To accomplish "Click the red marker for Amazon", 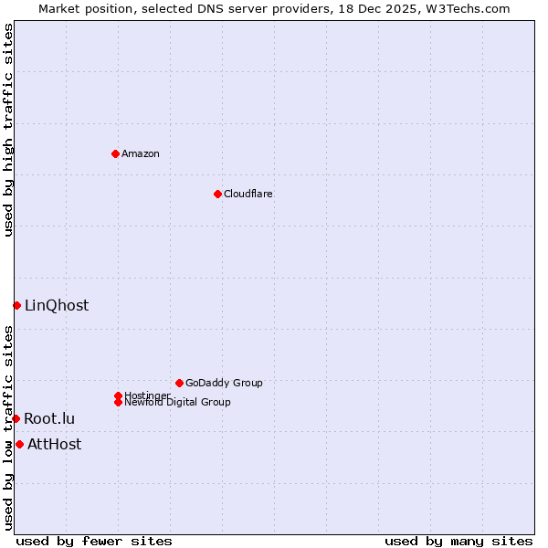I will tap(115, 153).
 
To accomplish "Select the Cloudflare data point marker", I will tap(217, 194).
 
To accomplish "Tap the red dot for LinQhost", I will tap(16, 305).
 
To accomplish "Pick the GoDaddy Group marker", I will tap(179, 383).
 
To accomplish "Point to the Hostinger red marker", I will tap(118, 395).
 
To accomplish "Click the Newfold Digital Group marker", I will tap(118, 402).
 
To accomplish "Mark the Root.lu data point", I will tap(16, 418).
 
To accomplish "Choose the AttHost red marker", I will tap(19, 444).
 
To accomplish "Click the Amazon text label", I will tap(140, 153).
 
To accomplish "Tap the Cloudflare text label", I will tap(248, 194).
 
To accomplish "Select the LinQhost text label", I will tap(57, 305).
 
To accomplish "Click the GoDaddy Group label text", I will tap(224, 383).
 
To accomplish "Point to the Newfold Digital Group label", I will tap(177, 402).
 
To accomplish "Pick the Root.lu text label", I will tap(49, 418).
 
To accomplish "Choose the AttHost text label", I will tap(54, 444).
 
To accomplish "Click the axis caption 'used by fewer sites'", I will tap(94, 541).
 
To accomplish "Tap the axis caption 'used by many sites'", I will tap(458, 541).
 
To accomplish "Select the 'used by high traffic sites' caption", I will tap(8, 130).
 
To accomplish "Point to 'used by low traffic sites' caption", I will tap(8, 427).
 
